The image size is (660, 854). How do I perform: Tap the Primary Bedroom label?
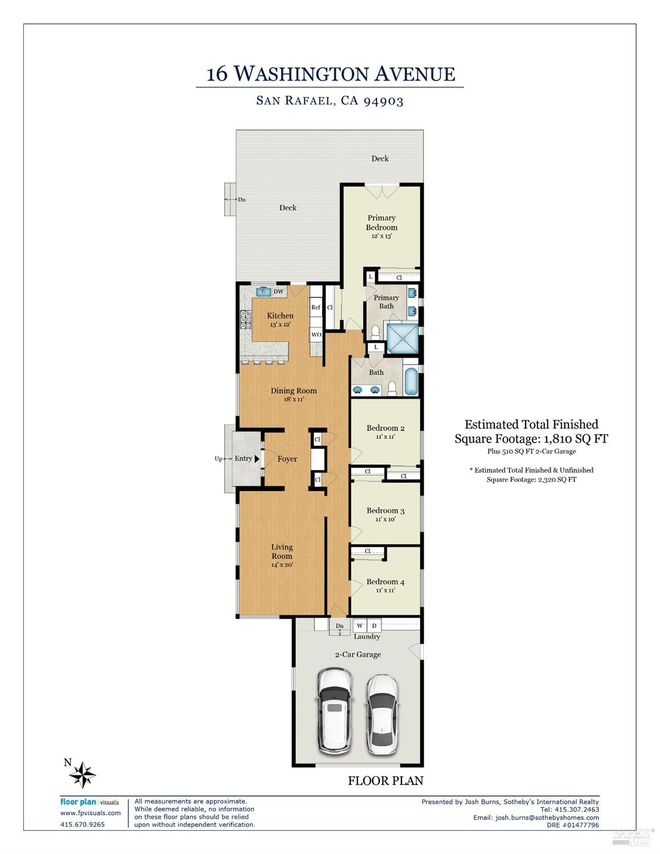pos(382,223)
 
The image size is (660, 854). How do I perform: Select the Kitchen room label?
pos(280,316)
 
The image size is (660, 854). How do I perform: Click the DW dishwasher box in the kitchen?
pos(278,292)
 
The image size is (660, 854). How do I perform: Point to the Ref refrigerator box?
pos(315,308)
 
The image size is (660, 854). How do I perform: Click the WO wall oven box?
pos(316,334)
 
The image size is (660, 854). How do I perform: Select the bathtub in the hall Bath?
pos(411,382)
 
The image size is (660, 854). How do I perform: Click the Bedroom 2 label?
pos(386,428)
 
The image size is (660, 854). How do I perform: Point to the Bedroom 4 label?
pos(386,582)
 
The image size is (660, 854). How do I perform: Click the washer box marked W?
pos(360,626)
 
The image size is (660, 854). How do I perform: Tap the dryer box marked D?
pos(374,626)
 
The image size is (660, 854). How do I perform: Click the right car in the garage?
pos(382,714)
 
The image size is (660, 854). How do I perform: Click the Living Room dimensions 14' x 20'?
pos(282,565)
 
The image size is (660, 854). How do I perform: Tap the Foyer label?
pos(287,459)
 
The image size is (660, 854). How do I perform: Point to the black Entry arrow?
pos(257,459)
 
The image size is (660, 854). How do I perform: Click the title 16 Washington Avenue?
pos(330,74)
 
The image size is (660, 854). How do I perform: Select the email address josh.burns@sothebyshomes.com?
pos(547,817)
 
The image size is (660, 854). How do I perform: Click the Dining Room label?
pos(293,391)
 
